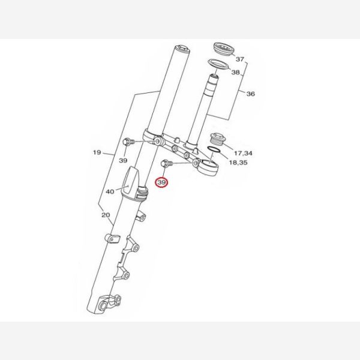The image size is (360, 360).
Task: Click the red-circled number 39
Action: coord(161,182)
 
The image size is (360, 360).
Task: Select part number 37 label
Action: coord(239,59)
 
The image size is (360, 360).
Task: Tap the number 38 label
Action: coord(235,73)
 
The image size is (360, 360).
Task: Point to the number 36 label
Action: coord(250,94)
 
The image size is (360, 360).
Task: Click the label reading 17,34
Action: coord(243,153)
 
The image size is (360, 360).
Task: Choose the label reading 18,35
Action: coord(238,163)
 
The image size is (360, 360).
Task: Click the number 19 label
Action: coord(97,152)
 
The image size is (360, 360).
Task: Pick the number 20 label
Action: coord(106,215)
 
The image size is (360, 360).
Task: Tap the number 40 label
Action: coord(110,191)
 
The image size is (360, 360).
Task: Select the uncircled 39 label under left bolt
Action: coord(123,160)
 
